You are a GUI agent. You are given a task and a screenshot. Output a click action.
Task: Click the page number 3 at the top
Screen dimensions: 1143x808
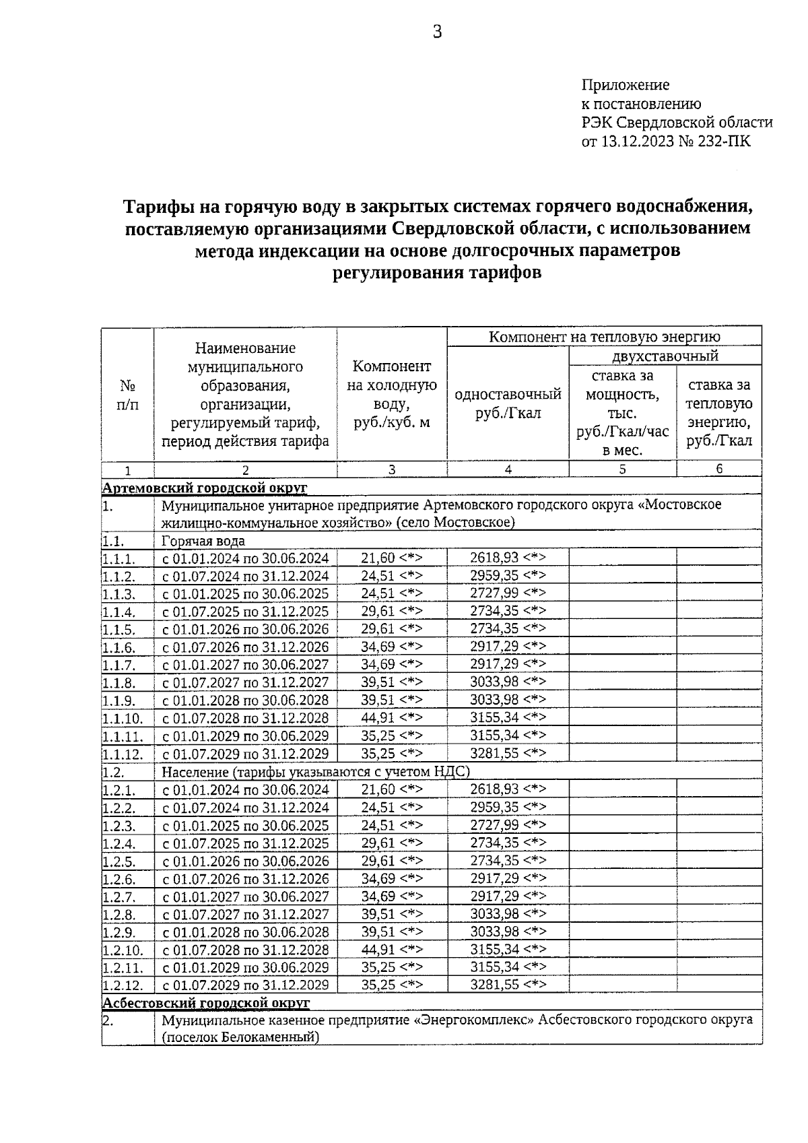click(x=437, y=31)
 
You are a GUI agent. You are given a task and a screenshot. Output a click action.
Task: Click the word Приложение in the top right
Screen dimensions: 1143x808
click(x=626, y=86)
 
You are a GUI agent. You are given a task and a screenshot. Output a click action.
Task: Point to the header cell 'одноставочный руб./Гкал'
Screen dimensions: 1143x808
click(x=508, y=403)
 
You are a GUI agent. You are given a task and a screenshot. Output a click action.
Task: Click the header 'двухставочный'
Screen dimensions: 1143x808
click(x=665, y=356)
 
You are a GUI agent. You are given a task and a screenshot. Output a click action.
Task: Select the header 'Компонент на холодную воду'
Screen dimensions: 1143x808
click(x=392, y=394)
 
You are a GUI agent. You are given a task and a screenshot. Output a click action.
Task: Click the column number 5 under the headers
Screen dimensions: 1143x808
click(x=622, y=469)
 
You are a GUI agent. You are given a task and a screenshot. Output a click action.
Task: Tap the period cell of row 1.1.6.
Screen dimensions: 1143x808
click(x=246, y=647)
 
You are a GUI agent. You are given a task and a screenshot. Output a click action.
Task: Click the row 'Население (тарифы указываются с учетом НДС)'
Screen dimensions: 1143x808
click(x=315, y=772)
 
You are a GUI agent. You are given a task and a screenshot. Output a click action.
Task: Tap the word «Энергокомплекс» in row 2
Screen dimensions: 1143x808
click(x=476, y=1020)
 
